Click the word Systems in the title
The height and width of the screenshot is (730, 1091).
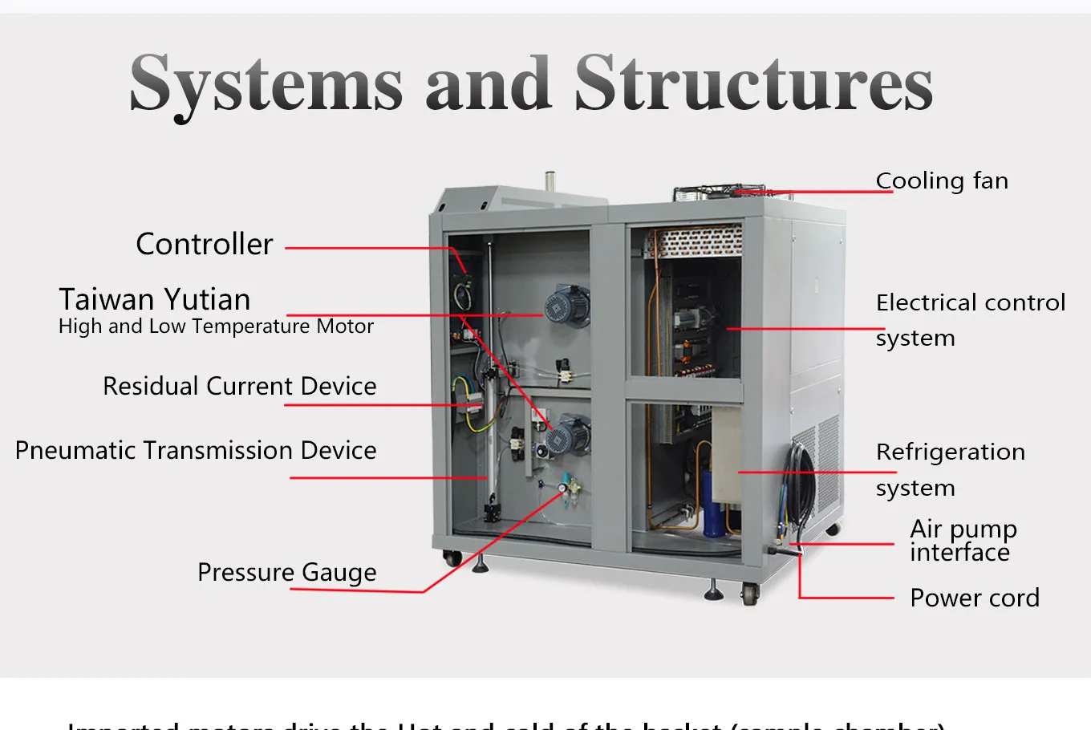[266, 83]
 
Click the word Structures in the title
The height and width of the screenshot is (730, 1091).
[753, 83]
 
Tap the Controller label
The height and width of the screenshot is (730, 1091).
[205, 244]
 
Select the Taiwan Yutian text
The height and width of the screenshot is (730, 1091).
[155, 299]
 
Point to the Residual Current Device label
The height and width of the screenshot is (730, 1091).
[239, 386]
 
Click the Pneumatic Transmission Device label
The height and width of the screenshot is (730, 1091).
[196, 450]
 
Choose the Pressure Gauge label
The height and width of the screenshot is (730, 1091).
[286, 572]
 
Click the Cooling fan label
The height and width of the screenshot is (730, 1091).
[942, 181]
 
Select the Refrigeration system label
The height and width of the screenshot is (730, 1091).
[950, 468]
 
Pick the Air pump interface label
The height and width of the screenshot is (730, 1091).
[963, 540]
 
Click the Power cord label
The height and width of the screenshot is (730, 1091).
[974, 598]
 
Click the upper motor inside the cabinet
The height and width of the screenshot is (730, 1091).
[566, 306]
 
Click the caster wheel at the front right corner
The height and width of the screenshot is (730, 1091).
[749, 594]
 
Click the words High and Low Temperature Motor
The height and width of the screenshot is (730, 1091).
[216, 326]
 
